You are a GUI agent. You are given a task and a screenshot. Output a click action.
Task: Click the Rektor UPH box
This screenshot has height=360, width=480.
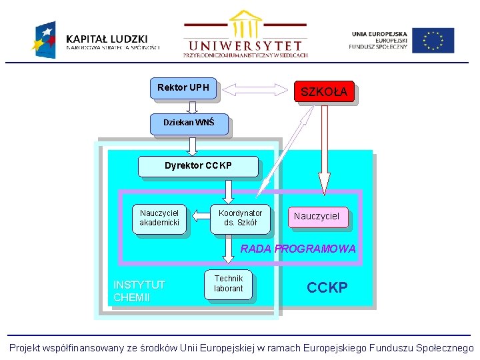point(183,88)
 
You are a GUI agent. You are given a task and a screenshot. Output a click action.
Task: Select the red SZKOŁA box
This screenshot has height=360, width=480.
point(324,92)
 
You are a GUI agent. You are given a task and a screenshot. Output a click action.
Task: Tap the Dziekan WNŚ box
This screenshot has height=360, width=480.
point(189,123)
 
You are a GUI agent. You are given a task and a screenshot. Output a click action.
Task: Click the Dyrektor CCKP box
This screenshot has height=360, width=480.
point(198,166)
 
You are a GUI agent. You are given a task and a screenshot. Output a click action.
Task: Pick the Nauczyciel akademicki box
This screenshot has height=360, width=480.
point(159,218)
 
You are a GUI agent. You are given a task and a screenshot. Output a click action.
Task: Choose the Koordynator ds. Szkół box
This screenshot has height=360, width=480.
point(240,218)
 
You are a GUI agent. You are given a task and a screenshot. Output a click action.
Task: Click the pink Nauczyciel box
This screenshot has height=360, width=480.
point(317,216)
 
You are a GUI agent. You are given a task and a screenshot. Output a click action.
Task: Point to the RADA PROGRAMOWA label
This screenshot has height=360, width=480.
point(298,249)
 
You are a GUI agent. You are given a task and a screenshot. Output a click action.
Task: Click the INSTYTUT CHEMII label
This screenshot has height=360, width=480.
point(139,291)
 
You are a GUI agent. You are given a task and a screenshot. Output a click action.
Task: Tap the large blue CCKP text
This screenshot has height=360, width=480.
point(327,288)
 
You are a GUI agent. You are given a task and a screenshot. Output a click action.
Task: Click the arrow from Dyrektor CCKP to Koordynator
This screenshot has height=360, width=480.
point(229,191)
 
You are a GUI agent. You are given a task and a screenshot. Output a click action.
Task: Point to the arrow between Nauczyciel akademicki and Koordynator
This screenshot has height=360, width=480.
point(200,215)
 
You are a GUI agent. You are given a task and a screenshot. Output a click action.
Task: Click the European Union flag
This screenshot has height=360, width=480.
point(433,40)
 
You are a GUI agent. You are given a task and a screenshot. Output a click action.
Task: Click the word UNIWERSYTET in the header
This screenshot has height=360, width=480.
point(245,46)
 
